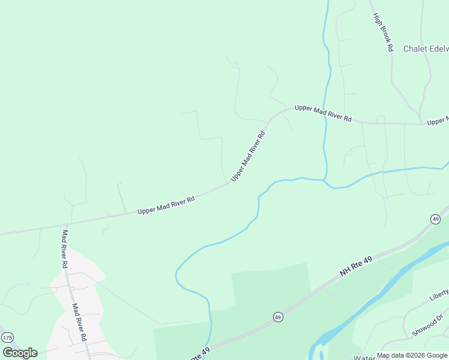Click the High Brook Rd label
(x=382, y=32)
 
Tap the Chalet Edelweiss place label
(x=426, y=49)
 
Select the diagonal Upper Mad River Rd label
(x=247, y=156)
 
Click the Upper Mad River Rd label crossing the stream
(x=322, y=113)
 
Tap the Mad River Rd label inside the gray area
(x=80, y=322)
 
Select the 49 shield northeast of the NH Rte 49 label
(x=435, y=219)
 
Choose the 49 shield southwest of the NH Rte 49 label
(x=278, y=316)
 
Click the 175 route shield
(x=7, y=338)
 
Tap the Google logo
(x=20, y=353)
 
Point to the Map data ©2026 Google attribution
(x=412, y=356)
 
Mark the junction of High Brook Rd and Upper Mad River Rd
(x=420, y=124)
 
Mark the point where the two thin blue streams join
(x=325, y=179)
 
